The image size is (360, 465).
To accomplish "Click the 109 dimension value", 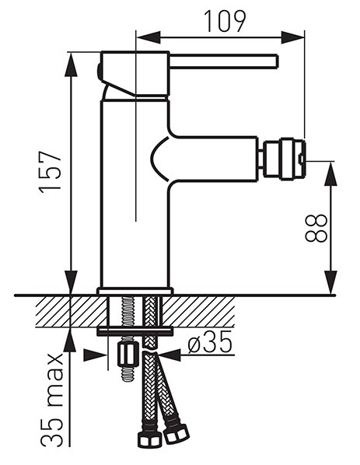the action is click(225, 21).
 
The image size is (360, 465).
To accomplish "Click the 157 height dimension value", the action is click(51, 173).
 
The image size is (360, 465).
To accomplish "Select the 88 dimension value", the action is click(316, 228).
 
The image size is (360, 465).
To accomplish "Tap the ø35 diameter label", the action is click(209, 341).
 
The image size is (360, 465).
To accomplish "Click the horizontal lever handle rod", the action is click(224, 61).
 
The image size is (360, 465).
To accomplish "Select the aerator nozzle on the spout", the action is click(283, 159).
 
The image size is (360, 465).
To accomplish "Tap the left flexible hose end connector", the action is click(150, 439).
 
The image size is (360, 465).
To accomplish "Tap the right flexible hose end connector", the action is click(177, 434).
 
